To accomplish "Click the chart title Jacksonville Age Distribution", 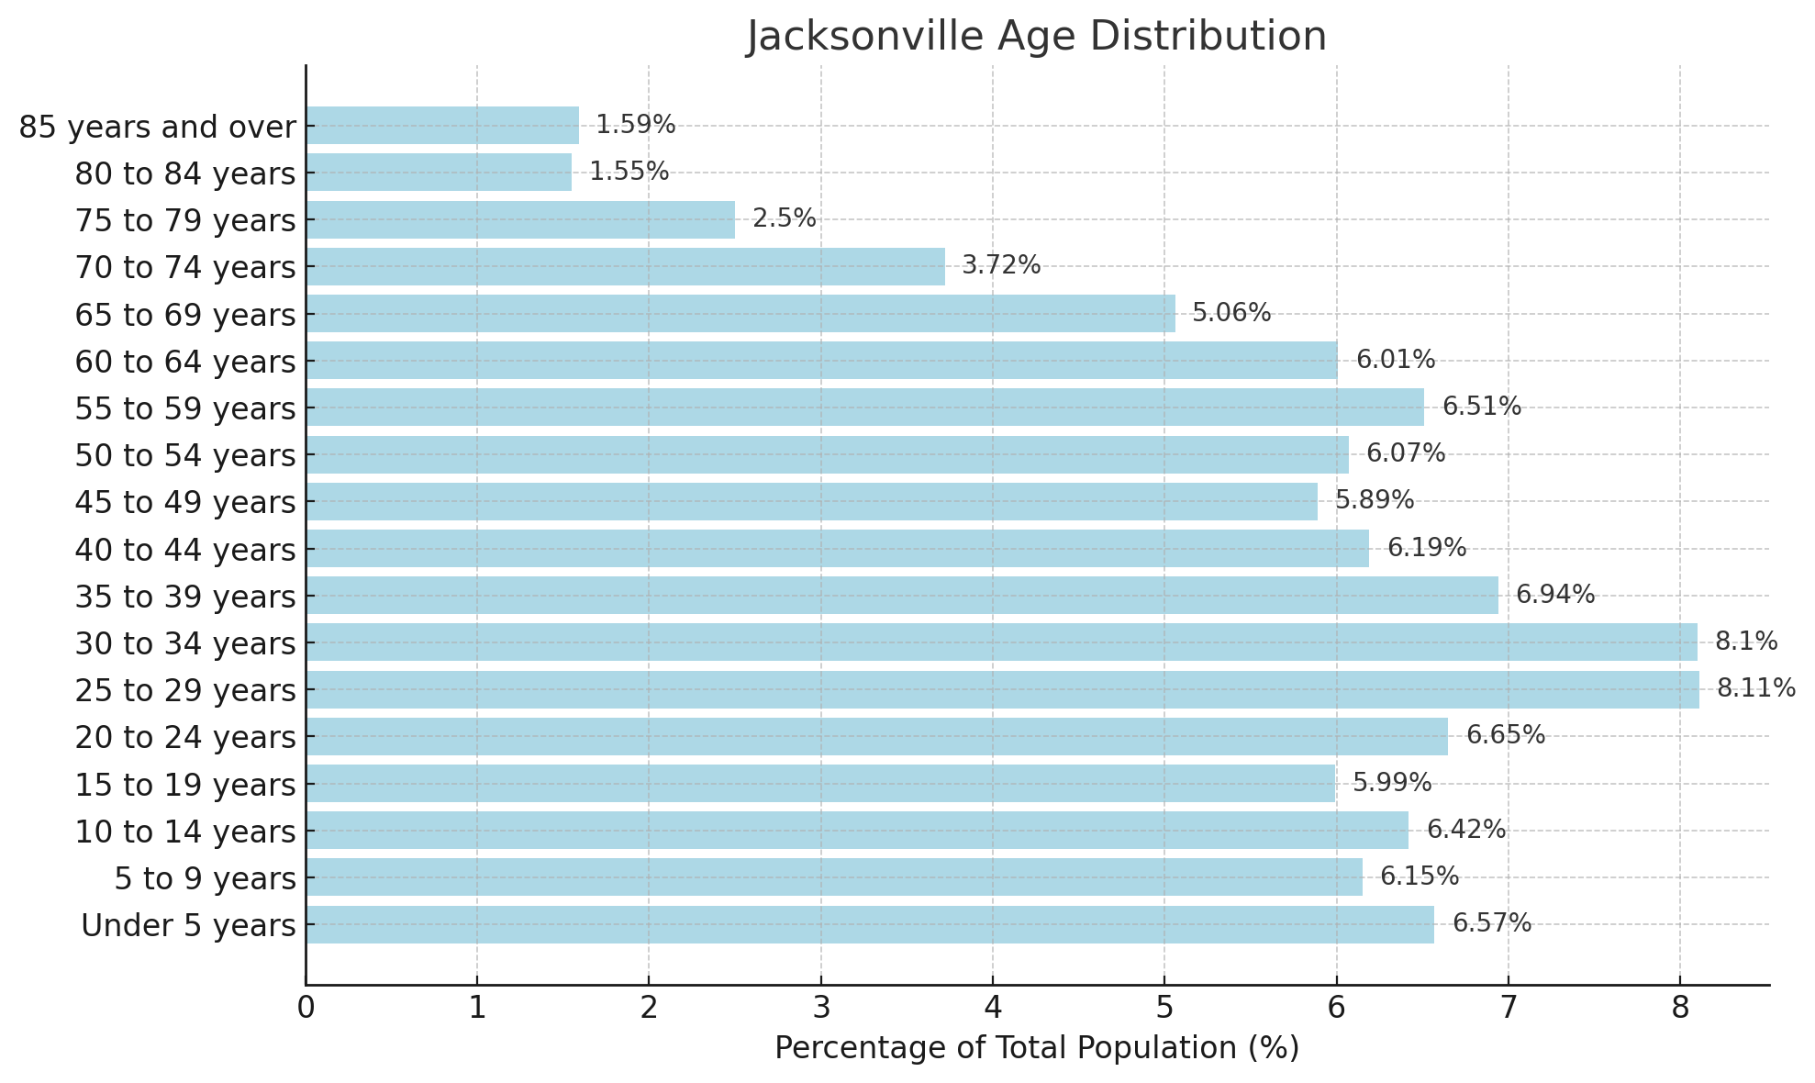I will (x=1036, y=37).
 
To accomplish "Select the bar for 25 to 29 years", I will (x=1002, y=689).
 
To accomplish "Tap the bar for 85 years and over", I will (x=442, y=125).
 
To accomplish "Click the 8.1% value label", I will (x=1746, y=642).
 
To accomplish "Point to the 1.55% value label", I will (x=629, y=172).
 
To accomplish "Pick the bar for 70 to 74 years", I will (x=625, y=266).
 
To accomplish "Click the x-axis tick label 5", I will (x=1164, y=1009).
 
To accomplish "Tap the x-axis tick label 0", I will (x=306, y=1009).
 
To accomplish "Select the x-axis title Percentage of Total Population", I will (x=1036, y=1048).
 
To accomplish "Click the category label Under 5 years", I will (x=188, y=925).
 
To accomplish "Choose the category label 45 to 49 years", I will (x=185, y=502).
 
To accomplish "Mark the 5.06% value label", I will (x=1231, y=313).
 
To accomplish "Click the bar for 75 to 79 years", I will (x=520, y=219).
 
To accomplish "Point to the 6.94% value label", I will (x=1555, y=595).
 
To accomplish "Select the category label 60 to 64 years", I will (x=185, y=362).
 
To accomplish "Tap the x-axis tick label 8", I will (x=1679, y=1009).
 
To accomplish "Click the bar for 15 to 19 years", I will (x=820, y=783).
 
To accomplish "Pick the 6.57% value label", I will (x=1492, y=923).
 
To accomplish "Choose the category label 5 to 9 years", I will (x=205, y=878).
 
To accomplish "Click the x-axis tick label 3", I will (x=820, y=1009).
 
